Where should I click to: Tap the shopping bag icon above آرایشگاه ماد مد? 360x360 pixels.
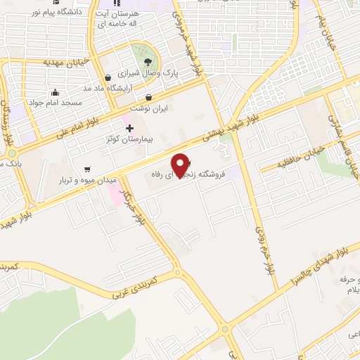click(x=107, y=77)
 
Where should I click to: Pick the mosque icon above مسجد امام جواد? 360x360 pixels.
click(x=56, y=91)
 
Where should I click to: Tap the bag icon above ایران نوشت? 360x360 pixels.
click(x=148, y=98)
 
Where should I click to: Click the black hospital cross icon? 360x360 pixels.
click(x=129, y=127)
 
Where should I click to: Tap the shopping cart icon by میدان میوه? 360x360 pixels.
click(x=86, y=169)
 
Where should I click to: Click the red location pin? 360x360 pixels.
click(x=181, y=165)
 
